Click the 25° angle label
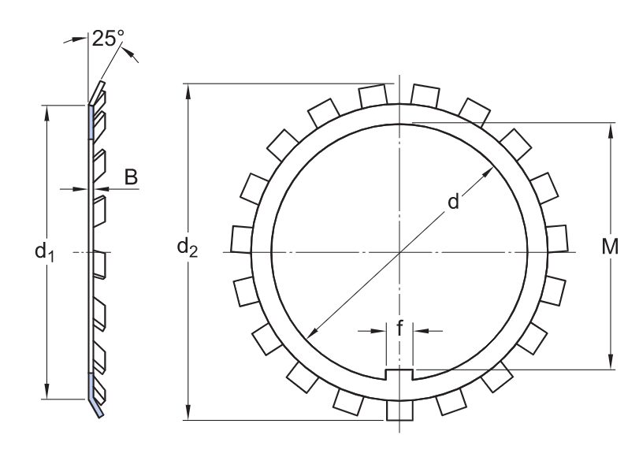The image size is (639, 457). click(x=108, y=39)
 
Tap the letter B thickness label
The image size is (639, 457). click(x=131, y=177)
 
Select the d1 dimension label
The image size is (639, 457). click(x=44, y=251)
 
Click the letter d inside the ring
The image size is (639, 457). click(x=453, y=202)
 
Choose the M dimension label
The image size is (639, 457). click(x=610, y=247)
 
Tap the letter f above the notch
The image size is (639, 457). click(x=399, y=328)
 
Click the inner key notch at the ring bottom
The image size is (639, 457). click(x=399, y=374)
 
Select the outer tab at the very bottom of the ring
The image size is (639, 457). click(x=399, y=410)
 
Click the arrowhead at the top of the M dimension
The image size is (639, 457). click(x=611, y=131)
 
